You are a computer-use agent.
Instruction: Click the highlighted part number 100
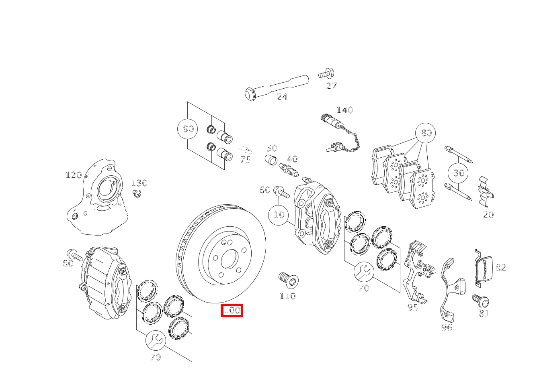(x=232, y=310)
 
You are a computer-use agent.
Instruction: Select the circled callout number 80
(x=426, y=133)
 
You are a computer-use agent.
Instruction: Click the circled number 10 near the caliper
(x=279, y=215)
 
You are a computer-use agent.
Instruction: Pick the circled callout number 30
(x=459, y=173)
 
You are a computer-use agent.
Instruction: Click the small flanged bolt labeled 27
(x=327, y=74)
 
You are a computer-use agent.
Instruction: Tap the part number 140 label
(x=344, y=110)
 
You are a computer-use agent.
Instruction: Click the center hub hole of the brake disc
(x=230, y=259)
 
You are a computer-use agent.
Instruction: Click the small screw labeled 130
(x=137, y=194)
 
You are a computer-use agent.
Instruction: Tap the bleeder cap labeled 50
(x=271, y=160)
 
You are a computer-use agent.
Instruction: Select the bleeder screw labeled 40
(x=289, y=169)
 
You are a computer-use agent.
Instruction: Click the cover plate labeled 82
(x=484, y=268)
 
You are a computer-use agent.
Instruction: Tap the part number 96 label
(x=447, y=328)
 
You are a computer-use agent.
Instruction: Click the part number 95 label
(x=412, y=308)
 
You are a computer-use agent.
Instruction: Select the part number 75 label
(x=245, y=160)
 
